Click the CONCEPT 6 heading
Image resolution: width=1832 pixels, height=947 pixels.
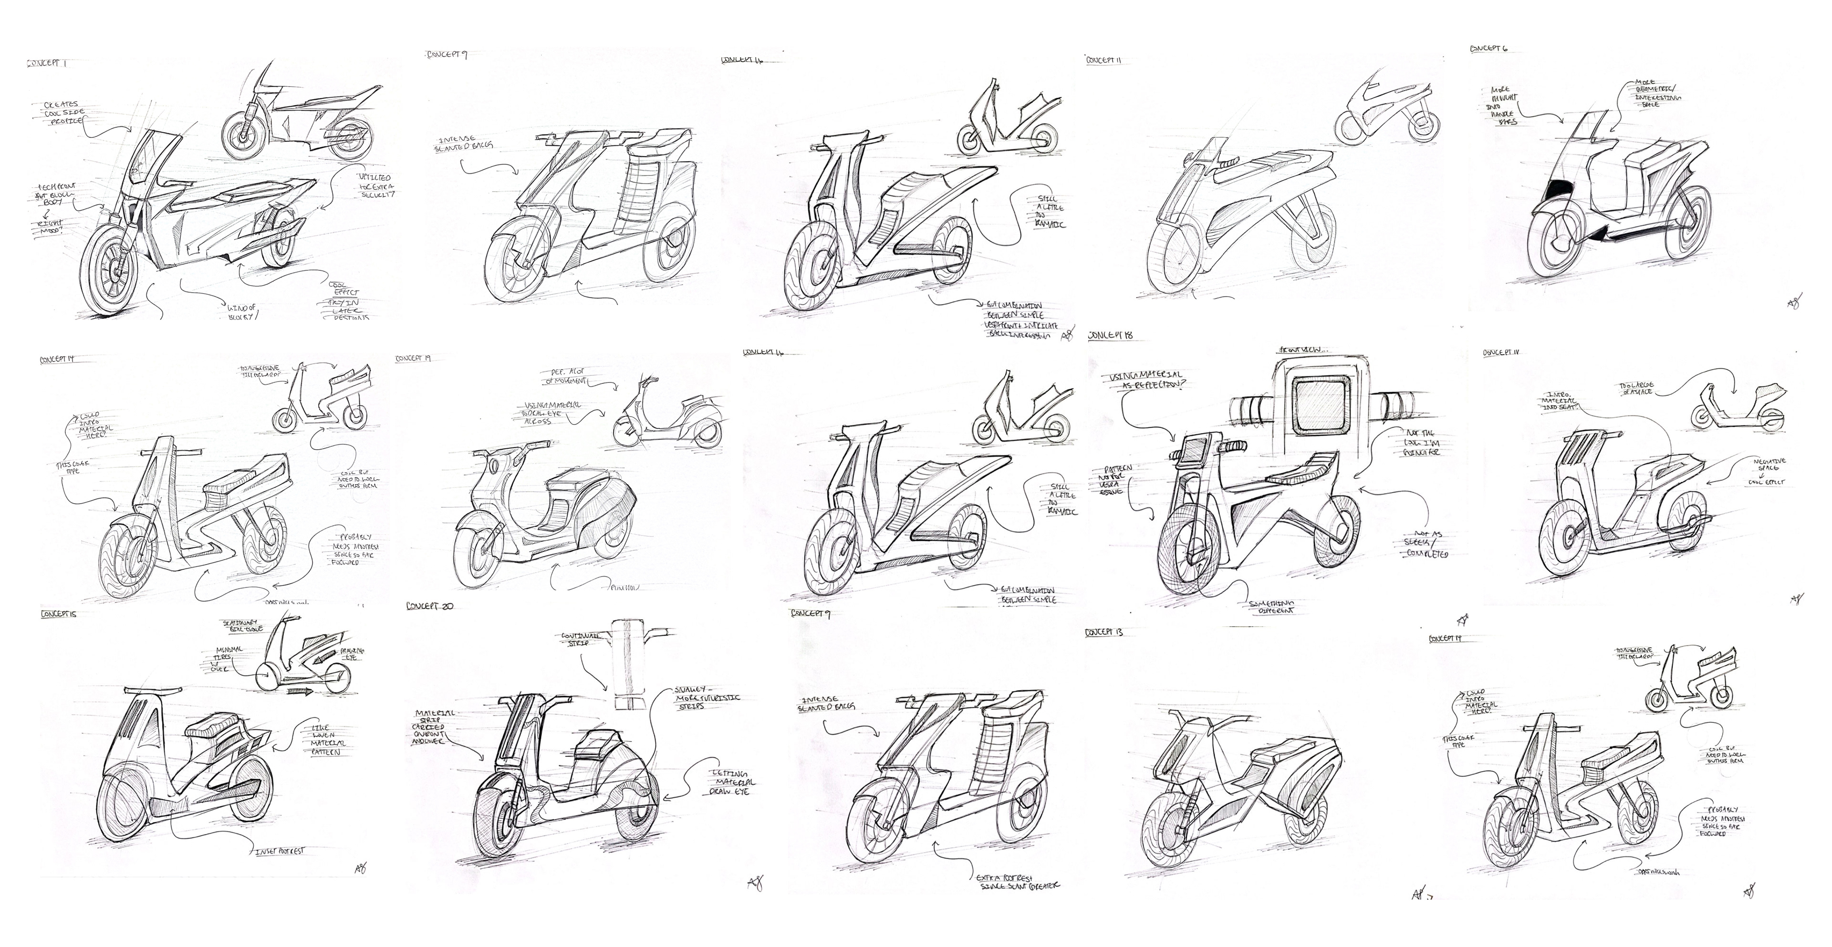pos(1488,48)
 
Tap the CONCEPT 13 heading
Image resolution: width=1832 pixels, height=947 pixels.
pos(1104,632)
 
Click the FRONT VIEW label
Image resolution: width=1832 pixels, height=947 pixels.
pos(1303,350)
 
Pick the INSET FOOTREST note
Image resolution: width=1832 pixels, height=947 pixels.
pos(280,850)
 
